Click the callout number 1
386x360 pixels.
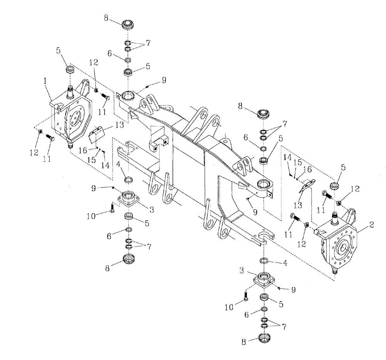pos(45,82)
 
